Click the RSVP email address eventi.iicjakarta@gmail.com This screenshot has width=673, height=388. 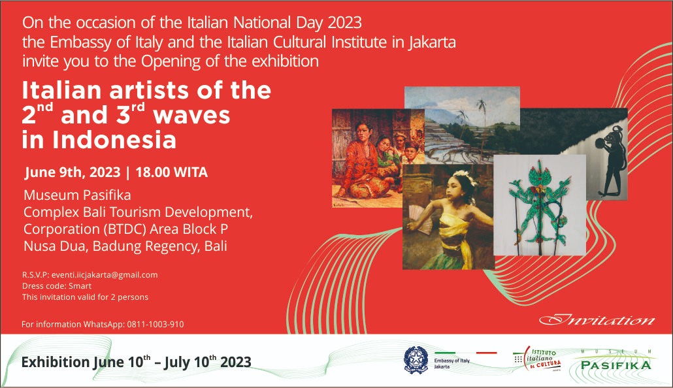(x=105, y=275)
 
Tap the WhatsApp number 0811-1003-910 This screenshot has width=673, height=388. (x=156, y=325)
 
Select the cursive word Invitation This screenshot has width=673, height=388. (x=597, y=320)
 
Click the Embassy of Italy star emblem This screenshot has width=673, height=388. (x=416, y=359)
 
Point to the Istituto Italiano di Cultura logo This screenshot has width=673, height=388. (x=537, y=359)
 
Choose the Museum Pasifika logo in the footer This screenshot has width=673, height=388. (x=616, y=363)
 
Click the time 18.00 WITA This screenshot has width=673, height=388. (x=172, y=172)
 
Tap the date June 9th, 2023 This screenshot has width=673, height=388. (x=72, y=172)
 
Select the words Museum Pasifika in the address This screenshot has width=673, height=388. (x=77, y=195)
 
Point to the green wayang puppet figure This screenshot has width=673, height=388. (x=539, y=202)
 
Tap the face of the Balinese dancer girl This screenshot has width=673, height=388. (x=456, y=186)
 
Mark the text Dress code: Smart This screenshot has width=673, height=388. (x=57, y=286)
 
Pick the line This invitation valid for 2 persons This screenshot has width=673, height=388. (x=85, y=297)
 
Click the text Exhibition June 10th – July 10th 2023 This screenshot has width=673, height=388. (x=136, y=362)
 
